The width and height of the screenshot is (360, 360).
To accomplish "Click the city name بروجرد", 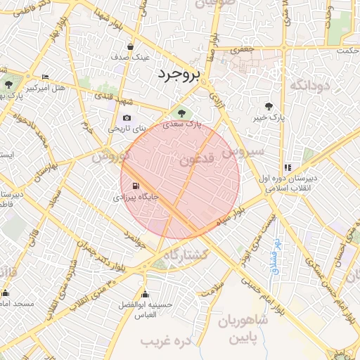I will pos(179,73).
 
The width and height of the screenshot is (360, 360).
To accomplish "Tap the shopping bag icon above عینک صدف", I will pos(131,46).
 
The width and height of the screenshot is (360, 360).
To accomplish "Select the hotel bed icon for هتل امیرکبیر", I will pos(46,77).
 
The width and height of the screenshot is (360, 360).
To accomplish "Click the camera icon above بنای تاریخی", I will pos(127,118).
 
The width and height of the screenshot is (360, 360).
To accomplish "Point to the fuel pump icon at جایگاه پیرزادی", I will pos(134,187).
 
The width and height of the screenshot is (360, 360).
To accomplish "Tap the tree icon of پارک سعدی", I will pos(182,112).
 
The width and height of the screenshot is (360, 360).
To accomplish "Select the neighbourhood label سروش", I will pos(243,150).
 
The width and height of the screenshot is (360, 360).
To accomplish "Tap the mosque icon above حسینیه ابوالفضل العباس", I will pos(146,294).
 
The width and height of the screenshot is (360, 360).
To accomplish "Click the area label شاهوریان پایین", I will pos(243,330).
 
